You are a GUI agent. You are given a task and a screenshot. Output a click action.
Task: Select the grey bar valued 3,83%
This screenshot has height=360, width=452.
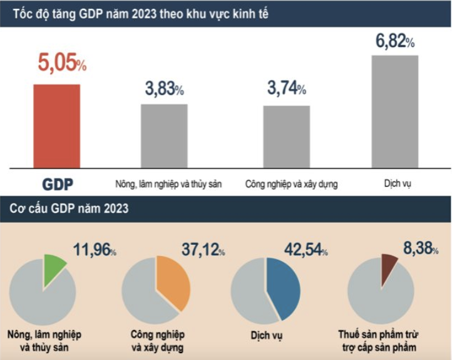tap(164, 135)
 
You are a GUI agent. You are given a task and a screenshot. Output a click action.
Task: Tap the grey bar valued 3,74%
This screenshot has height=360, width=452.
tap(286, 136)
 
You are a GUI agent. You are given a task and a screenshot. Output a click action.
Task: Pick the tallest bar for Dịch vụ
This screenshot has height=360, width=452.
tap(394, 111)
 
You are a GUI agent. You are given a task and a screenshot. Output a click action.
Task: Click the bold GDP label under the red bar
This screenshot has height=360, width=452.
tap(58, 184)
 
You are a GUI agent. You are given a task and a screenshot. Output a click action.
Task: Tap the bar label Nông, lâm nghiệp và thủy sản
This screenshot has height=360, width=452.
tap(169, 185)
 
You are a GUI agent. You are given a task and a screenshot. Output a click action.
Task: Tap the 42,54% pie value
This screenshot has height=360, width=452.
tap(305, 249)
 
